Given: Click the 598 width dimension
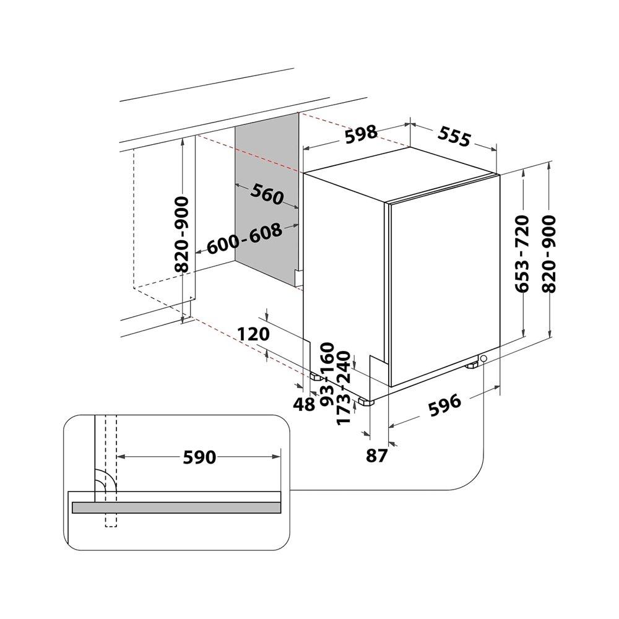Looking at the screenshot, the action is (x=361, y=134).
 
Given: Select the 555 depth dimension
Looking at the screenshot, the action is (x=454, y=137).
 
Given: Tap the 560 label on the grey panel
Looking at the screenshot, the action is (x=267, y=194).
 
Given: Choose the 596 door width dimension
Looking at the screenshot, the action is (x=444, y=405).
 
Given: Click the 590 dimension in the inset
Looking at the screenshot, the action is (x=199, y=457).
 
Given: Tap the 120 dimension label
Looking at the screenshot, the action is (x=253, y=334).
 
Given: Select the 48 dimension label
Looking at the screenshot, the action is (x=305, y=404).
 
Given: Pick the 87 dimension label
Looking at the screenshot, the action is (x=376, y=456).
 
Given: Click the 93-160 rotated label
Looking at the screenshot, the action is (x=327, y=374).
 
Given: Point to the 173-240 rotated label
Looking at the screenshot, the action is (x=344, y=387).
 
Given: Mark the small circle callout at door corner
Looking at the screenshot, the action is (x=483, y=358).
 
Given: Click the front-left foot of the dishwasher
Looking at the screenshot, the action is (x=366, y=402).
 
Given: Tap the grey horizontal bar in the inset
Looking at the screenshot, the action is (x=176, y=508).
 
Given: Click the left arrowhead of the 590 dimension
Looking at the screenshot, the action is (x=121, y=457).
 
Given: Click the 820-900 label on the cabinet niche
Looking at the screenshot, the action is (x=181, y=235).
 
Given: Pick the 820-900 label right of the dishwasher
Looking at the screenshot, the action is (x=549, y=253).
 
